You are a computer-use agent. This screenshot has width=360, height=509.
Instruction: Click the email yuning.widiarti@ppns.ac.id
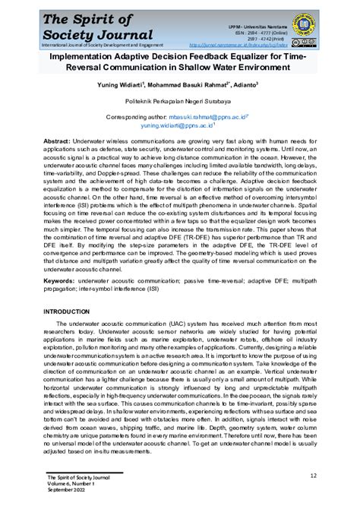(217, 127)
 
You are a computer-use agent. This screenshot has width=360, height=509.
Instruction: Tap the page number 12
(313, 476)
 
